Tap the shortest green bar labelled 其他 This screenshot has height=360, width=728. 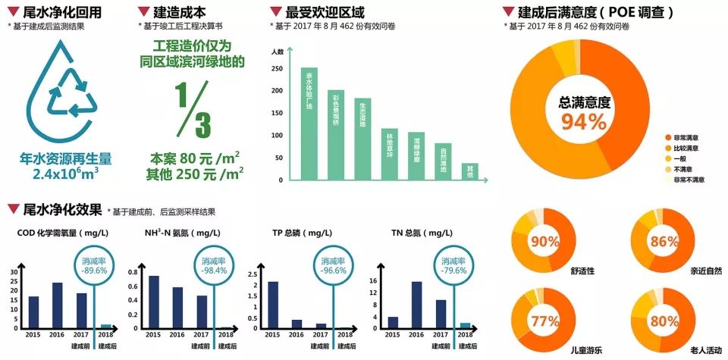click(x=470, y=171)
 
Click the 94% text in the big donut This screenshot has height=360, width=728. click(x=584, y=121)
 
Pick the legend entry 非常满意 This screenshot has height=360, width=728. click(x=689, y=137)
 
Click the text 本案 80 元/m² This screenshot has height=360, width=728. click(x=195, y=159)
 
